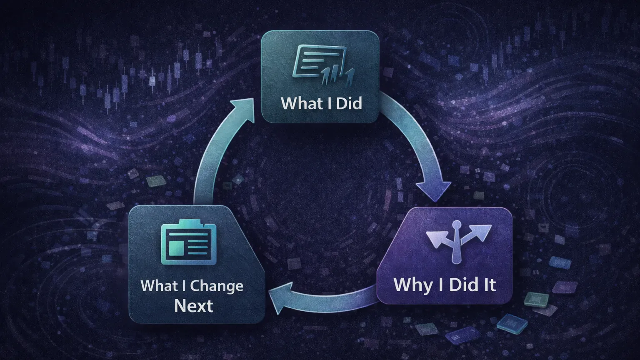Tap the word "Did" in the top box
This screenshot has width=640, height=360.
pyautogui.click(x=349, y=103)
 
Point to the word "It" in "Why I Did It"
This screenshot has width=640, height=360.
pyautogui.click(x=489, y=285)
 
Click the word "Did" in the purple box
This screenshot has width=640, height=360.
pyautogui.click(x=464, y=285)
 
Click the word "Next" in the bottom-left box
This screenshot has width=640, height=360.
pyautogui.click(x=194, y=306)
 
